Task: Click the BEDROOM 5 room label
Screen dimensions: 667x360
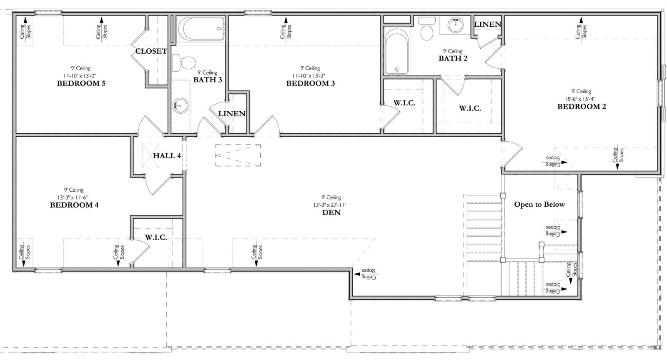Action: [81, 83]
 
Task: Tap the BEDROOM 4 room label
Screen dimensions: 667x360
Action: [74, 205]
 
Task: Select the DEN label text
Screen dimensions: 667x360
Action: [331, 212]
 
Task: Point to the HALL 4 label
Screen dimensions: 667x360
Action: [167, 155]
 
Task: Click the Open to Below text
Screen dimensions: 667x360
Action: [539, 205]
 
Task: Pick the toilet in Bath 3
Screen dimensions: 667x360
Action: [184, 63]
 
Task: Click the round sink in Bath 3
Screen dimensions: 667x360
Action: [180, 105]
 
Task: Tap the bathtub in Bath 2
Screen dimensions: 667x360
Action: [396, 51]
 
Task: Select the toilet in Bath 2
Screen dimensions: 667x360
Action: [427, 29]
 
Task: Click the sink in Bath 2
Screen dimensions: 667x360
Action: [455, 25]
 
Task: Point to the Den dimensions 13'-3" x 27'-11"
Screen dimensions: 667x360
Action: [330, 205]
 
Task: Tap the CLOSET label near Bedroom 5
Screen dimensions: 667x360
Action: [151, 51]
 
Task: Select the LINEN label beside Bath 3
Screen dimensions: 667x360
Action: [232, 114]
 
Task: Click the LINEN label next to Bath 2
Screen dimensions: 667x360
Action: [487, 25]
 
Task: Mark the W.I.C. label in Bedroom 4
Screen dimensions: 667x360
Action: [156, 237]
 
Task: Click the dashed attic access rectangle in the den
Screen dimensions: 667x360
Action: [238, 155]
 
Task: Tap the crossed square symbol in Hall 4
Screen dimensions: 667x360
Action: [150, 155]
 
